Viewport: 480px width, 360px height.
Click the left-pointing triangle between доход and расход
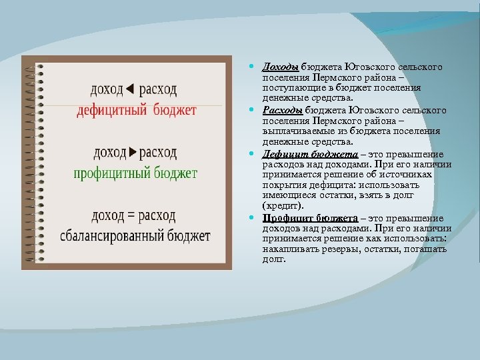pos(131,89)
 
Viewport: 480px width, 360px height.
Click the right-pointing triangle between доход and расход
pos(132,152)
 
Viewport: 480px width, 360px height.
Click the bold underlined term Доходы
pos(280,67)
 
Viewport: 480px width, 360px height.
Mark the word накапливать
pos(290,249)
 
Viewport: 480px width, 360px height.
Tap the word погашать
pos(426,249)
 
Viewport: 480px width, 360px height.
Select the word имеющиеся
pos(288,196)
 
